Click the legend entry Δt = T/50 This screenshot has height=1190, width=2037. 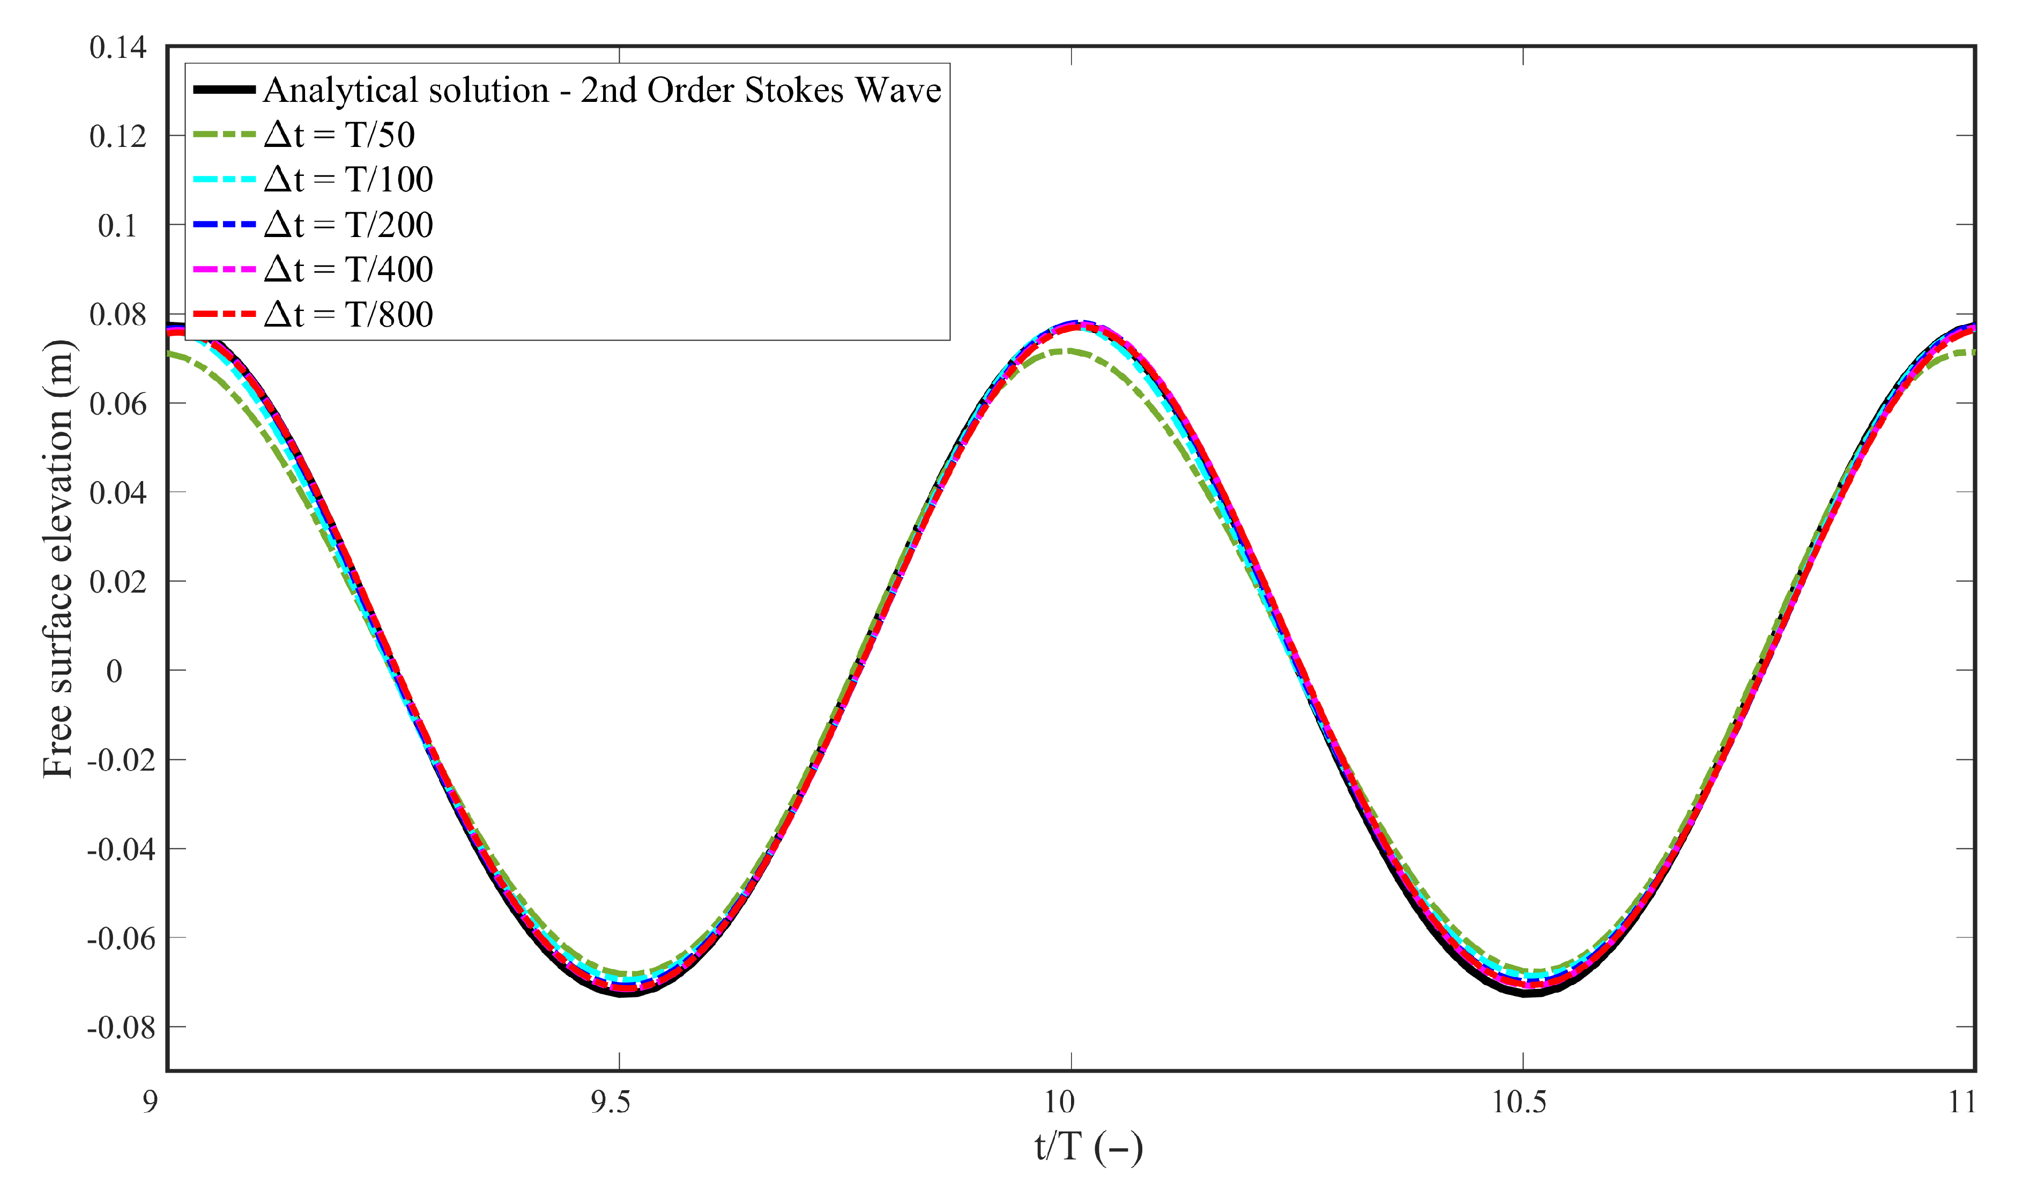coord(339,135)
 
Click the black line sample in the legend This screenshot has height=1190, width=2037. coord(224,90)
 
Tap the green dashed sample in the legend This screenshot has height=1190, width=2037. coord(224,135)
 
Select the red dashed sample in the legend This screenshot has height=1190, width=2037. coord(224,314)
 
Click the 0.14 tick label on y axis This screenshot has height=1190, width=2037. coord(118,48)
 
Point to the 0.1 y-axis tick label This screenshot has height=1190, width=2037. coord(118,226)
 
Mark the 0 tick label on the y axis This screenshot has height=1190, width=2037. coord(115,671)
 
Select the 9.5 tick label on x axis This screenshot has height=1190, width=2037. coord(609,1103)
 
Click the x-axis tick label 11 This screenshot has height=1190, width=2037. coord(1962,1103)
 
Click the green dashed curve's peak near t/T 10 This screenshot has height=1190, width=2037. coord(1067,351)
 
